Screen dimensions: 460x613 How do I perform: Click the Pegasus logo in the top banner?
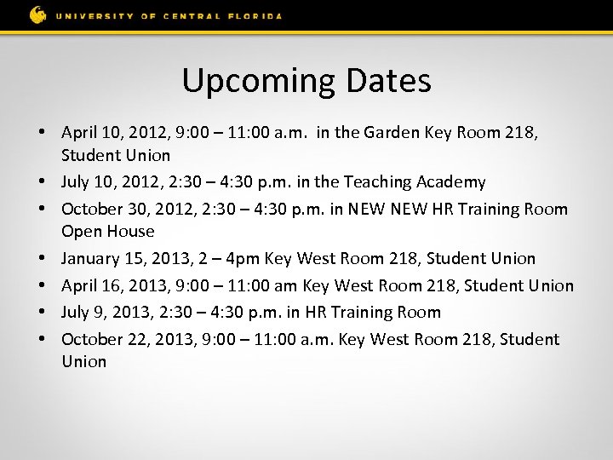click(37, 14)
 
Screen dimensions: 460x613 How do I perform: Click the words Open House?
click(108, 231)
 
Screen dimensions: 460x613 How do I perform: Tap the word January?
click(94, 258)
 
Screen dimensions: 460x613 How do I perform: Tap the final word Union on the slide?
click(84, 361)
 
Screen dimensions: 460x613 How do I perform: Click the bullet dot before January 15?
click(42, 258)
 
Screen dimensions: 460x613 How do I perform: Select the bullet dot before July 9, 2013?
click(42, 312)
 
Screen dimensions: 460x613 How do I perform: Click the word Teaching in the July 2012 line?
click(376, 181)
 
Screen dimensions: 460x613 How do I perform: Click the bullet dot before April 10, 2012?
click(42, 133)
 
